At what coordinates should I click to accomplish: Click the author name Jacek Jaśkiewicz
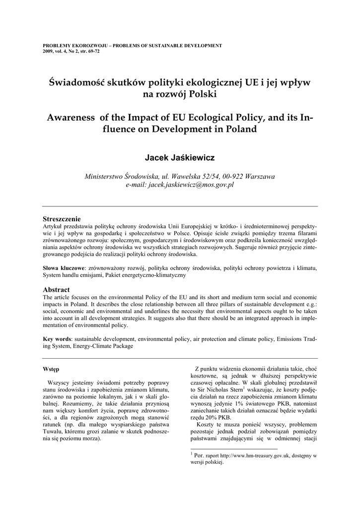180,158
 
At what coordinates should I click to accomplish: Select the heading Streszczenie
62,219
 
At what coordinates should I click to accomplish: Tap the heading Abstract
56,290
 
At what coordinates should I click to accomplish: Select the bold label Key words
57,339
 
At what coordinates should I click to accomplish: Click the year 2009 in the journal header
49,51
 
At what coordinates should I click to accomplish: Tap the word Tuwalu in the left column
54,432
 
